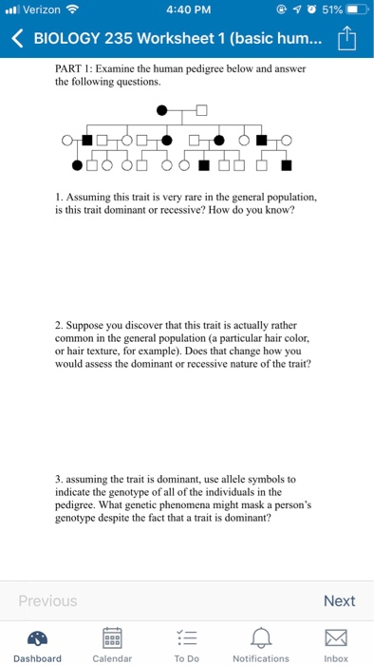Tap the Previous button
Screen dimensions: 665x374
pos(47,600)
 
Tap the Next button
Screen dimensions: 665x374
pos(339,600)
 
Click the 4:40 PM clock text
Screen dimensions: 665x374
pos(186,10)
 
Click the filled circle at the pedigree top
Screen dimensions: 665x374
pos(162,110)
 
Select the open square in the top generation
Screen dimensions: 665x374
pos(200,110)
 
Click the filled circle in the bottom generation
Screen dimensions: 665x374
pos(77,165)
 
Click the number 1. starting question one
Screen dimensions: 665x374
pos(60,197)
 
